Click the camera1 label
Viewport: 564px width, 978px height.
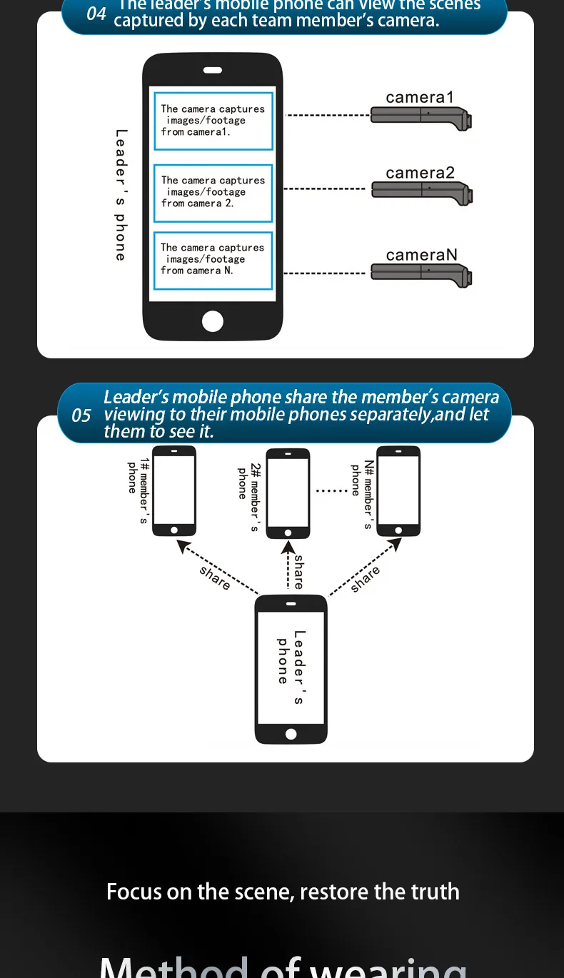coord(419,98)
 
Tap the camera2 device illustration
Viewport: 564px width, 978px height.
coord(421,191)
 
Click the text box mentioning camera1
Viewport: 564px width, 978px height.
coord(213,121)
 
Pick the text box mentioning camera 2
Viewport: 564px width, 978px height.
coord(213,193)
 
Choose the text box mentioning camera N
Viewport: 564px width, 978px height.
coord(213,260)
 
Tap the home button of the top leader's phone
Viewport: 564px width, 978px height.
coord(213,321)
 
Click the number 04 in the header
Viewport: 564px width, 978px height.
coord(96,13)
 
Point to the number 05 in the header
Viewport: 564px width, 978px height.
coord(81,415)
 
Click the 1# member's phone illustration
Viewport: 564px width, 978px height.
coord(174,490)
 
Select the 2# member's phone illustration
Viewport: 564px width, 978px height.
coord(288,493)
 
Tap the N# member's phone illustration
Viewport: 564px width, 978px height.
coord(398,490)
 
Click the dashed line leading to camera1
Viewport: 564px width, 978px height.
coord(327,115)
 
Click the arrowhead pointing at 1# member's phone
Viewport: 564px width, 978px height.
coord(183,546)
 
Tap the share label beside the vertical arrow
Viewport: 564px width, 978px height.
coord(298,572)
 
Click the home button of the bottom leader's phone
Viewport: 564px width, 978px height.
coord(291,734)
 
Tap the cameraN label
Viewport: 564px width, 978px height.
coord(421,255)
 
